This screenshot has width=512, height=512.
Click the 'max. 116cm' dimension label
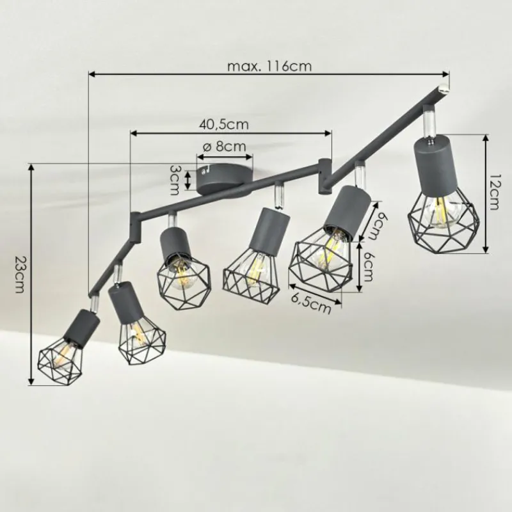(x=269, y=67)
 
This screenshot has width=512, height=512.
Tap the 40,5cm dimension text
(x=223, y=124)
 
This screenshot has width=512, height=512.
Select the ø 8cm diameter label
(x=224, y=147)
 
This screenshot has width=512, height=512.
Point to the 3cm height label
(x=173, y=180)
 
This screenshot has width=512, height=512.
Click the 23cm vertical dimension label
(x=19, y=275)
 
